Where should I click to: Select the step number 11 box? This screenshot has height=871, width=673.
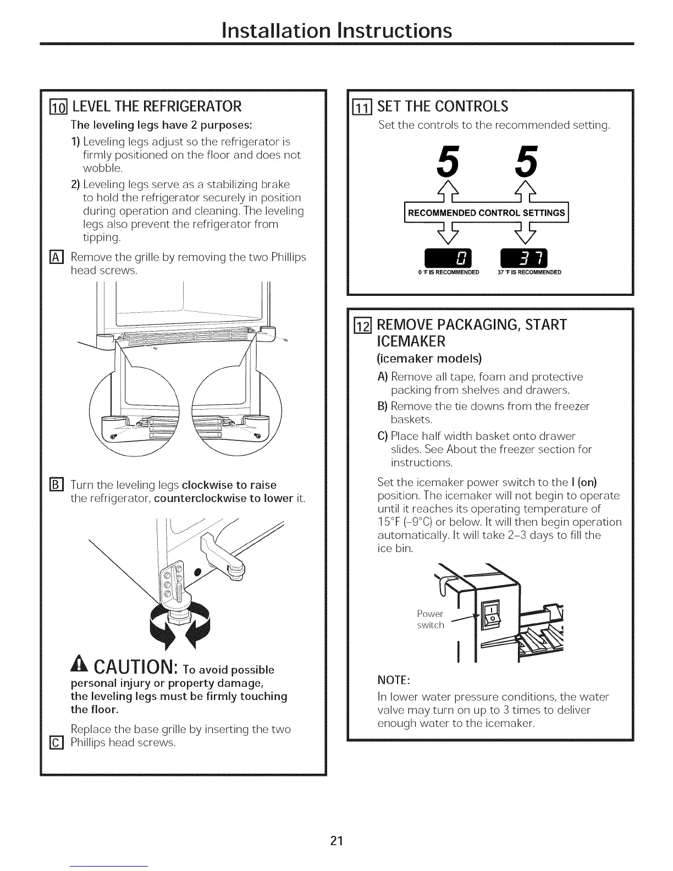364,107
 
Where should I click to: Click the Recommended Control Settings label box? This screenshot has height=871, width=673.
486,213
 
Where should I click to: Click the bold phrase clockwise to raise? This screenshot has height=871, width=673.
229,485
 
